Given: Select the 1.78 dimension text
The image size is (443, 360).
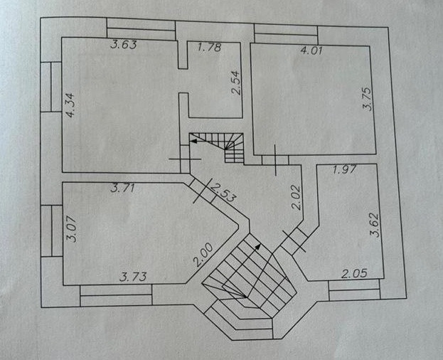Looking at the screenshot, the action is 209,48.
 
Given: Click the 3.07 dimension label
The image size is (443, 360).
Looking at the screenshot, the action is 71,231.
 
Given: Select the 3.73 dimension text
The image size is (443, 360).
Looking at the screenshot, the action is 133,277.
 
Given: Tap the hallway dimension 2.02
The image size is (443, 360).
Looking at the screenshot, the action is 297,196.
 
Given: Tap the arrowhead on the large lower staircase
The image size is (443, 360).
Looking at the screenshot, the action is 258,245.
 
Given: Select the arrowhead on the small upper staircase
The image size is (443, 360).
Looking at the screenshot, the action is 193,142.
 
